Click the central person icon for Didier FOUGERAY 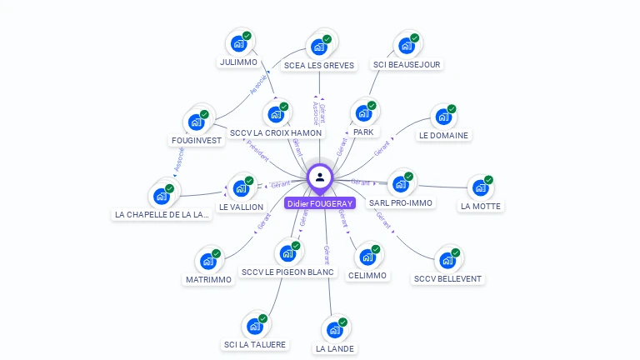click(x=320, y=177)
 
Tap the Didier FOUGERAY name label click(x=320, y=203)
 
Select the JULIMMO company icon click(x=239, y=43)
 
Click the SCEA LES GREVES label click(x=318, y=65)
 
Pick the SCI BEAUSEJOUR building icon click(x=407, y=45)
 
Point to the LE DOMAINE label click(x=443, y=135)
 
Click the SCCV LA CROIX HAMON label click(x=276, y=132)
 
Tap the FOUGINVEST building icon click(x=197, y=122)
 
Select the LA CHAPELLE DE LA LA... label click(x=162, y=214)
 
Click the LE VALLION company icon click(x=242, y=187)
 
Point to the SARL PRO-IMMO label click(x=401, y=202)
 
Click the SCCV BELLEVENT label click(x=447, y=278)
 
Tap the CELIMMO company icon click(x=367, y=257)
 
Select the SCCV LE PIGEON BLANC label click(x=287, y=272)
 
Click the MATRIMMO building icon click(x=208, y=261)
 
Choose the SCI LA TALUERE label click(x=255, y=344)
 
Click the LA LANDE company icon click(x=335, y=329)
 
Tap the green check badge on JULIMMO click(x=247, y=37)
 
